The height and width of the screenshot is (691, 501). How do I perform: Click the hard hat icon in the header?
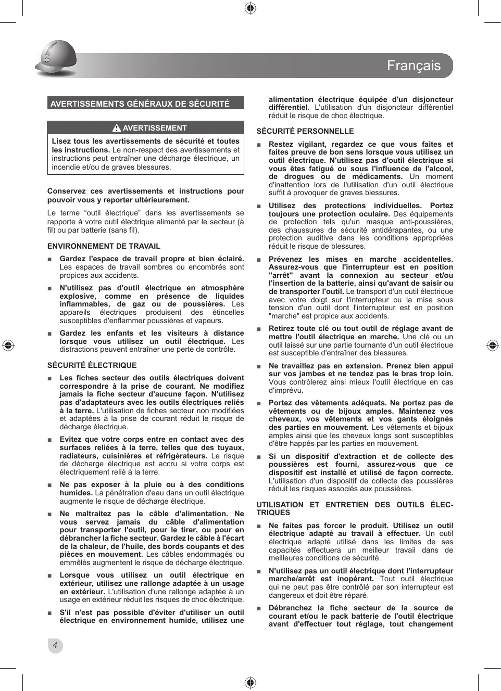click(x=56, y=58)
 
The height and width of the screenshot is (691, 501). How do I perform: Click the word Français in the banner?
click(x=414, y=66)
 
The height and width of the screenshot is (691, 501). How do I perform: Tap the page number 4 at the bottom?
click(x=55, y=645)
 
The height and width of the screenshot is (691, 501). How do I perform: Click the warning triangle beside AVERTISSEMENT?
click(x=117, y=128)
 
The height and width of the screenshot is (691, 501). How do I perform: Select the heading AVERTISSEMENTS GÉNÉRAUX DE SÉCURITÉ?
click(x=140, y=104)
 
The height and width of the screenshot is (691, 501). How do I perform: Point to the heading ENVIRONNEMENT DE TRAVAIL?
click(x=104, y=246)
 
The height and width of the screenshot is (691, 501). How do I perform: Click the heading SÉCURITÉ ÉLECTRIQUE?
click(x=92, y=365)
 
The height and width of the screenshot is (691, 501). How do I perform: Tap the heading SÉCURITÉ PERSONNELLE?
click(x=305, y=131)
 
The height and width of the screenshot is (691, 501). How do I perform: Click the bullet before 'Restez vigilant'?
click(x=259, y=145)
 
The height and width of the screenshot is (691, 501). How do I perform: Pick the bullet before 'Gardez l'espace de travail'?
click(x=49, y=259)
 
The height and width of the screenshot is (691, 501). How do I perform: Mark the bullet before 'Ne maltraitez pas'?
click(x=49, y=514)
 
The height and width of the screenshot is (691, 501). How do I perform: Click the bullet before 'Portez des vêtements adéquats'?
click(x=259, y=403)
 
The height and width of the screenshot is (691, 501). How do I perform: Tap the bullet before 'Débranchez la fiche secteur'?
click(x=259, y=608)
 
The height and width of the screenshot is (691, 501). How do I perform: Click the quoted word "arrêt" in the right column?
click(x=281, y=275)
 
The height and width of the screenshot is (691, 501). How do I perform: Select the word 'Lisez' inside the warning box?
click(x=61, y=141)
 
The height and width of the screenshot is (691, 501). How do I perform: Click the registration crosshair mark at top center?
click(x=250, y=8)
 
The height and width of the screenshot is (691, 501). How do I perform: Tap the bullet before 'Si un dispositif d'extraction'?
click(x=259, y=457)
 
